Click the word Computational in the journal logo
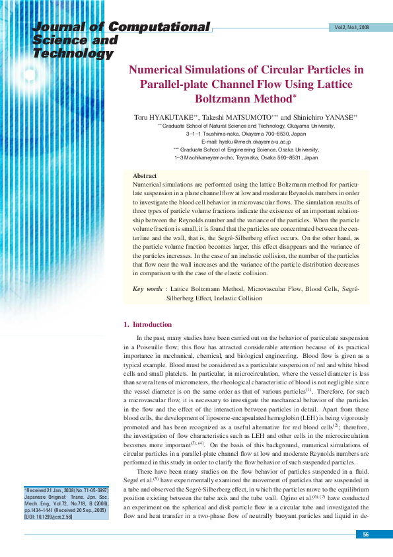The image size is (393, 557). coord(160,27)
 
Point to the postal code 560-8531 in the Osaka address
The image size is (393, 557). coord(259,159)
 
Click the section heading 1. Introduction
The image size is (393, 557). coord(148,324)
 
